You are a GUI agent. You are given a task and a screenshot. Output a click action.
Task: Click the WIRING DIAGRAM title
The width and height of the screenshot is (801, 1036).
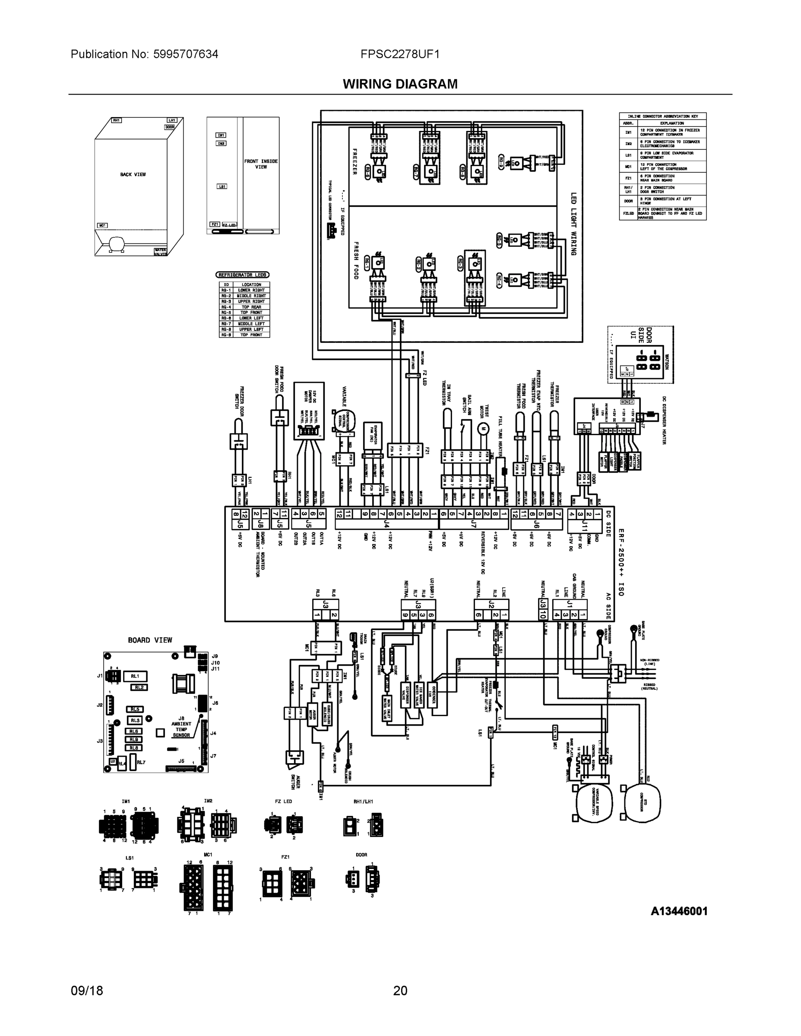400,84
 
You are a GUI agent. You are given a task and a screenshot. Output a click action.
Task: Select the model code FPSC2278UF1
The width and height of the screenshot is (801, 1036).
399,54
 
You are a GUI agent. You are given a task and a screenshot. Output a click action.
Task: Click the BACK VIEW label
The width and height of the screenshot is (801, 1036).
133,174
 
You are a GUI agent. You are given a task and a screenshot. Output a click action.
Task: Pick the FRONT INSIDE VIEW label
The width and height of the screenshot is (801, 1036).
261,164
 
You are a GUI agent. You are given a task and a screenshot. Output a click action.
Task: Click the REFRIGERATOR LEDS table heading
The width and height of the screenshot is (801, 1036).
243,275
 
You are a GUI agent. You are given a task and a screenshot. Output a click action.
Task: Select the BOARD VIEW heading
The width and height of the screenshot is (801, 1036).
150,640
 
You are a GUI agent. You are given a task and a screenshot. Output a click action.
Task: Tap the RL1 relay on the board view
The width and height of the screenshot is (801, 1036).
135,676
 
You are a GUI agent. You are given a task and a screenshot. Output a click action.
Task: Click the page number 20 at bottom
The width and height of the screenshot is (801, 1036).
400,991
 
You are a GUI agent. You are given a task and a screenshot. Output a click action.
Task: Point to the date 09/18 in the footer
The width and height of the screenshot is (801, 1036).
87,991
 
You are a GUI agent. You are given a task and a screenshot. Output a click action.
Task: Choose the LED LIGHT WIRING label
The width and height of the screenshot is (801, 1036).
573,224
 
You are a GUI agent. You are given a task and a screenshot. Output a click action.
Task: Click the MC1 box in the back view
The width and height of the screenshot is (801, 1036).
102,225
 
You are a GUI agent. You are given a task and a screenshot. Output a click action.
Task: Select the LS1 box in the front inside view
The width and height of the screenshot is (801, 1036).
222,186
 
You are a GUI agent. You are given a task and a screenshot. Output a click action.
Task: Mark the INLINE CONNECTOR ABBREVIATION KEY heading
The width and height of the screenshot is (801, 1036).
662,116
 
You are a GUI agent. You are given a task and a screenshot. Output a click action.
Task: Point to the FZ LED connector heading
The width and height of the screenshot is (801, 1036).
283,801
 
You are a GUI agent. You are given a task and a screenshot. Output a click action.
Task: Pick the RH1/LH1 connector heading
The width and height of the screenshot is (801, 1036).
363,801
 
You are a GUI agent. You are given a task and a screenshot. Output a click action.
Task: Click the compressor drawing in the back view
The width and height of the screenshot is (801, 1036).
115,244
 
